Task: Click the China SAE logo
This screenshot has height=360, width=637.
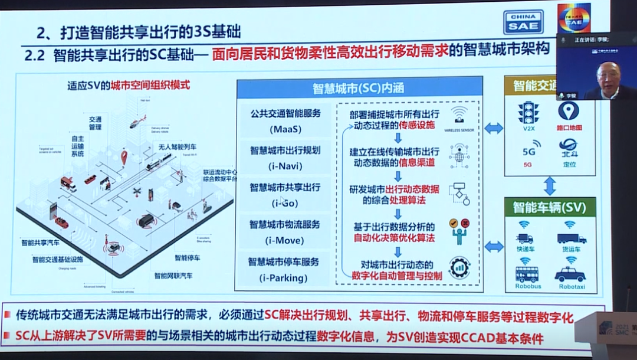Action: (x=523, y=22)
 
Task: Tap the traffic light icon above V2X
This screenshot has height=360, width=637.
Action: (x=528, y=112)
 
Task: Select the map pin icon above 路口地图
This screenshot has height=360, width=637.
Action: (x=568, y=110)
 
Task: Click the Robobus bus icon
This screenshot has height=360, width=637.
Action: (x=527, y=273)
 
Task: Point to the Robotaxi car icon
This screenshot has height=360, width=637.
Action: (x=569, y=274)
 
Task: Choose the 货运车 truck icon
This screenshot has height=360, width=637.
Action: (x=571, y=238)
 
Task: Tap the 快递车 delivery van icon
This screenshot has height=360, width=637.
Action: (x=524, y=238)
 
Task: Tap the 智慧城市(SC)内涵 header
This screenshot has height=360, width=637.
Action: (x=358, y=89)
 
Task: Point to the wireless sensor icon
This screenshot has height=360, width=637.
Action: (x=459, y=113)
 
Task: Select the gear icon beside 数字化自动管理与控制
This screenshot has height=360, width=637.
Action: (x=458, y=267)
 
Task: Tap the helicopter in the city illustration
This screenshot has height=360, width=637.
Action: (x=137, y=123)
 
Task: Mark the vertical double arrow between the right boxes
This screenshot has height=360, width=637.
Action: (x=550, y=185)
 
